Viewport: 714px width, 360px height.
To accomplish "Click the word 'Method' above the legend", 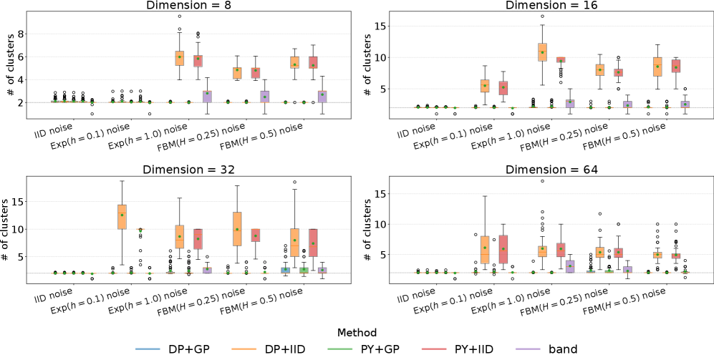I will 357,332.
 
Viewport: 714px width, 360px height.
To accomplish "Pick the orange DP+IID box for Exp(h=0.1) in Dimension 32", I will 122,217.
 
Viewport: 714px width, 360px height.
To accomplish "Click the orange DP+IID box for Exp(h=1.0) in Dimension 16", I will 541,51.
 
